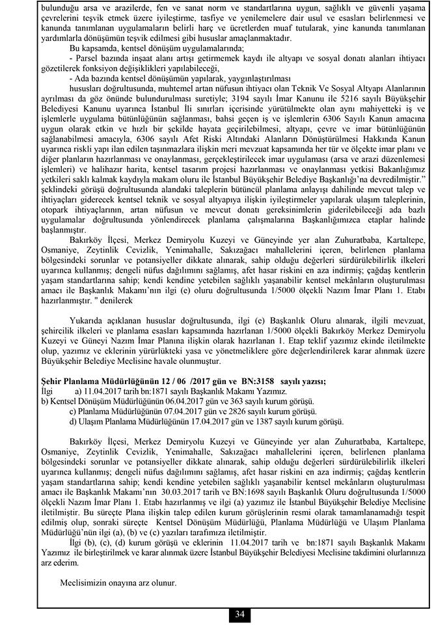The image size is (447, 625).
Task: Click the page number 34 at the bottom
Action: [x=239, y=615]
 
